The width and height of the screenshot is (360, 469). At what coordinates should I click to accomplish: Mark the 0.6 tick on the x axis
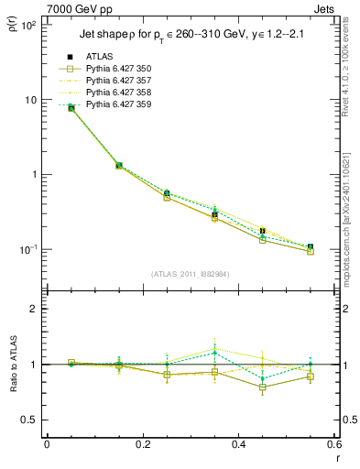point(333,446)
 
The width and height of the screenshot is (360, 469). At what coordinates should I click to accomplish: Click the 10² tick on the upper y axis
point(29,25)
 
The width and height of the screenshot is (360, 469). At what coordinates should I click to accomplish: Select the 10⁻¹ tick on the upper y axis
point(29,249)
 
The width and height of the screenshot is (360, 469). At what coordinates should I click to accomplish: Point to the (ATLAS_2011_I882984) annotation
point(191,274)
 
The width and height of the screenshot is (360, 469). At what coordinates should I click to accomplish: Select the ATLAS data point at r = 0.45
point(263,231)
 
